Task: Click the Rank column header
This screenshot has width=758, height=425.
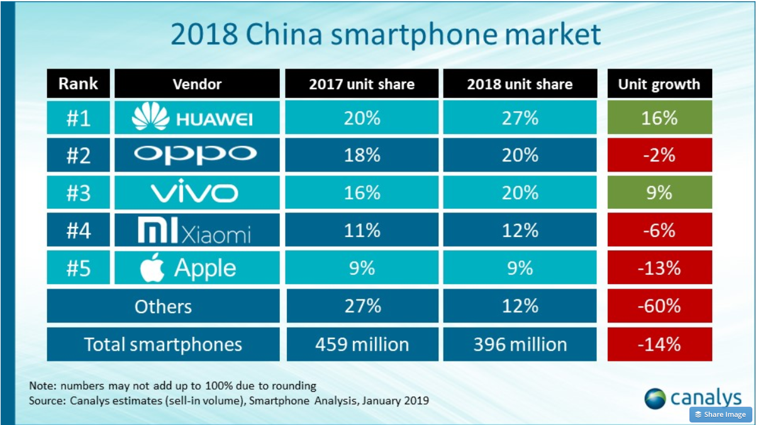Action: pos(78,84)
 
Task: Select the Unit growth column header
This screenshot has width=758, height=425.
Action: pos(659,84)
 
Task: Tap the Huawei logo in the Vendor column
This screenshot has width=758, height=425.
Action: pos(191,117)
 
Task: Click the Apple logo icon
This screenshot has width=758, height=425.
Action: pos(152,267)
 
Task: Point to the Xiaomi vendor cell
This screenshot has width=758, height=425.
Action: pos(197,230)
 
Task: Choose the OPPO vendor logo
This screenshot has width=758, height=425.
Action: pos(195,155)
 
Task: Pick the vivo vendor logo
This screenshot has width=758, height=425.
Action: pos(194,191)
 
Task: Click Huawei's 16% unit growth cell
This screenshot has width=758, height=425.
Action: pos(659,118)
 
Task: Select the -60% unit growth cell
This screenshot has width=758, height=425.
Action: pos(659,306)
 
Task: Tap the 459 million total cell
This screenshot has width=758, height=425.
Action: pos(362,344)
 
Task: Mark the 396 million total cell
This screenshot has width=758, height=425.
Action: pos(520,344)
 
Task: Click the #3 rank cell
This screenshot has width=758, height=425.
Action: pos(78,192)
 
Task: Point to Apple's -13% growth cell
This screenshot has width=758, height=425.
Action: pos(659,267)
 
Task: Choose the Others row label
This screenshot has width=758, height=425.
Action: pos(163,306)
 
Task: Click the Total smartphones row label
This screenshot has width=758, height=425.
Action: pos(163,344)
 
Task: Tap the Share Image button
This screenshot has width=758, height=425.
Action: pos(720,414)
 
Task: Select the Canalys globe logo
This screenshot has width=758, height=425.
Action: pos(655,399)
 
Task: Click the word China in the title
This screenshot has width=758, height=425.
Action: pos(284,35)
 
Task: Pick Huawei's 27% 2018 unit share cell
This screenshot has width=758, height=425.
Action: pos(520,118)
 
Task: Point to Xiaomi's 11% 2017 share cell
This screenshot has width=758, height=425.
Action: pos(362,230)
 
